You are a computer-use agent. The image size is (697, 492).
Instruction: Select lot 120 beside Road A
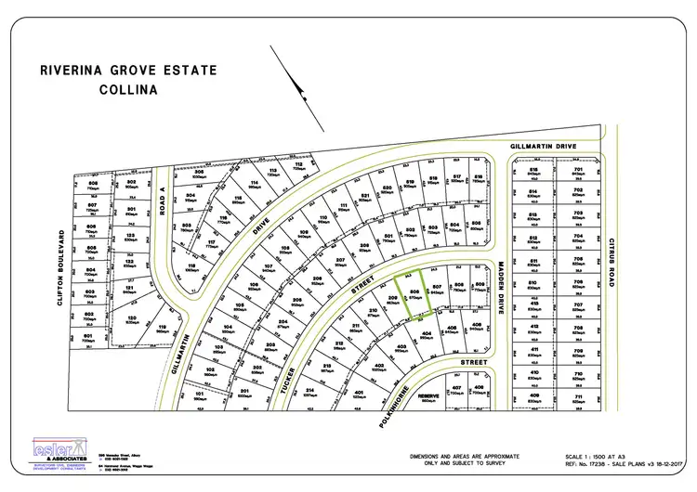(132, 319)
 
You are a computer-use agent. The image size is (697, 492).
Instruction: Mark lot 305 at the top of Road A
(198, 175)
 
